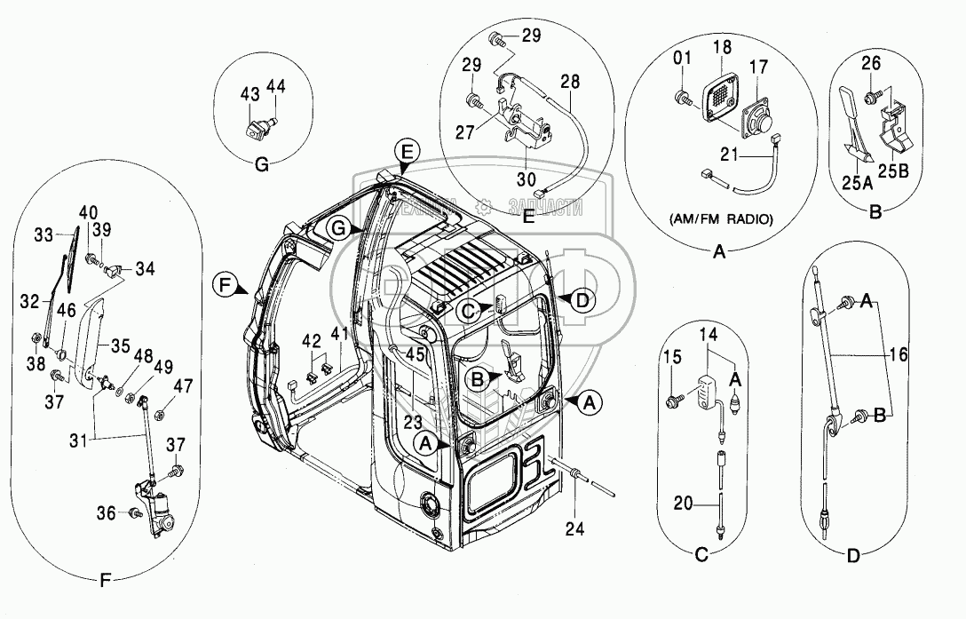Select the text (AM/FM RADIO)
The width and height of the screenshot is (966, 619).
[721, 219]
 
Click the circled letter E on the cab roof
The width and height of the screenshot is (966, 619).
[406, 152]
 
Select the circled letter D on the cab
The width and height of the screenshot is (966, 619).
[582, 300]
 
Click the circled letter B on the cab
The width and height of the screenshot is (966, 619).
[476, 378]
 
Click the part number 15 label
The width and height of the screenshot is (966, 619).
[676, 356]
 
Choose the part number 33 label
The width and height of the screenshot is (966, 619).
[44, 235]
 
